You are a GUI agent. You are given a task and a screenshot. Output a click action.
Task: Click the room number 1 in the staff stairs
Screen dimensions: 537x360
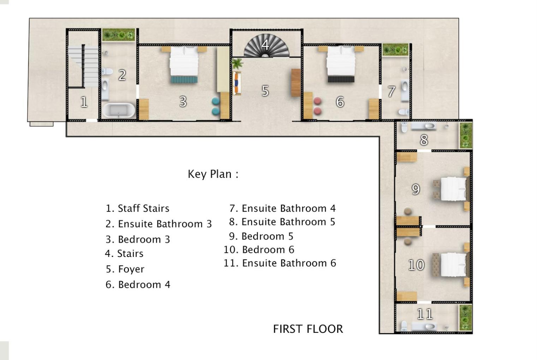[84, 102]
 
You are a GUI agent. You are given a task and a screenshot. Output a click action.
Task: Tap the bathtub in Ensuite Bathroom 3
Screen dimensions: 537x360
[119, 110]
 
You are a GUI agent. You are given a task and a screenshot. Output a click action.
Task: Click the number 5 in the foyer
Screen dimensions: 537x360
[265, 91]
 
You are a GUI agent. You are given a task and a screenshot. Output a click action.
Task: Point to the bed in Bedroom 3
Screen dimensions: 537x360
[184, 64]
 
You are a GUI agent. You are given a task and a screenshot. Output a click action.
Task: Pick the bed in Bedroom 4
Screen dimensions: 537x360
[341, 64]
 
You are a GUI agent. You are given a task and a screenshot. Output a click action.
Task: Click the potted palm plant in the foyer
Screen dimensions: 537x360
[237, 63]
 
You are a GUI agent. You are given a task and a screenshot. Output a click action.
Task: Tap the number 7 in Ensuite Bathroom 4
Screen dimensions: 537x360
[391, 91]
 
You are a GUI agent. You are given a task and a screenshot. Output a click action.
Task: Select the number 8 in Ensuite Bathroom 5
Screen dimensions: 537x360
[424, 140]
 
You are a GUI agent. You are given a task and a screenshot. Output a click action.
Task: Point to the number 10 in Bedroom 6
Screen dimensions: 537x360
[416, 265]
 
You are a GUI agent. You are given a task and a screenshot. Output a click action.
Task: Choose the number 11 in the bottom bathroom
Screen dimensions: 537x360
[425, 314]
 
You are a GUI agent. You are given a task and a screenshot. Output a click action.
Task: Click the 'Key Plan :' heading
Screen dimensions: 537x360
[213, 174]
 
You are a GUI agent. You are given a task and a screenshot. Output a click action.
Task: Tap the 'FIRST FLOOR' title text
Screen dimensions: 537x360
[308, 329]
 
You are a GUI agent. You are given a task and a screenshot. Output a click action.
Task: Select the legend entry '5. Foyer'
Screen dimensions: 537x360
[125, 269]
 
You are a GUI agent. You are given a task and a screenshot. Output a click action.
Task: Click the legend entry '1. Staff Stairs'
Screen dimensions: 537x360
[138, 208]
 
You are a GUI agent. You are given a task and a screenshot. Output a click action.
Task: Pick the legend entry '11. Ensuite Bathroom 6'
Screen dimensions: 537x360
[280, 263]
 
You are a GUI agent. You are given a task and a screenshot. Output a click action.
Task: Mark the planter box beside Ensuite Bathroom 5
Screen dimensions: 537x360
[466, 136]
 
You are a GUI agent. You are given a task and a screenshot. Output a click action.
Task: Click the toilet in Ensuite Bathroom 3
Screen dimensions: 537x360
[107, 71]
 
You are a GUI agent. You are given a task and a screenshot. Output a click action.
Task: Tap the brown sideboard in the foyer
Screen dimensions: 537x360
[296, 83]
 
